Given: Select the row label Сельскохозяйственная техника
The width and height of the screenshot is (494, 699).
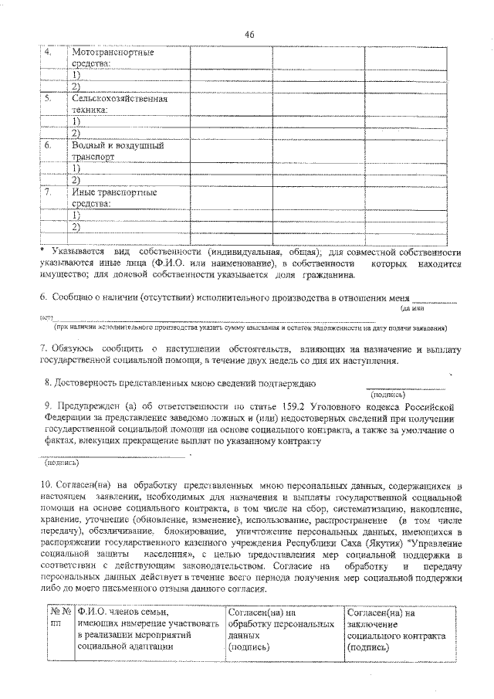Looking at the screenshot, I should (119, 105).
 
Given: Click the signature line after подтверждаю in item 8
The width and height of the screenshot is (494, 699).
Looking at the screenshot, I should (404, 387).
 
